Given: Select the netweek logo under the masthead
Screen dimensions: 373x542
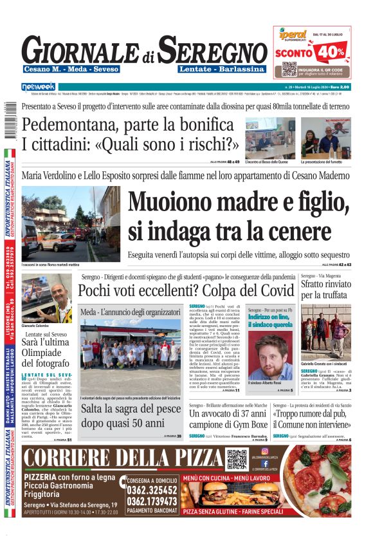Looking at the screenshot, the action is (x=38, y=86).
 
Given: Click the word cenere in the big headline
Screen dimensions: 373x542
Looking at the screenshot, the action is (x=266, y=230).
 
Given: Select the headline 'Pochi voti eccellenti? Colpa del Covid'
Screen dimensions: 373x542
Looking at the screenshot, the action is (x=186, y=290).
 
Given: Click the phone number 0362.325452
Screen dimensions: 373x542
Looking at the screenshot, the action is (x=153, y=490).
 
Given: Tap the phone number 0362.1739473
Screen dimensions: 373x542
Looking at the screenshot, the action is (x=153, y=501).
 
